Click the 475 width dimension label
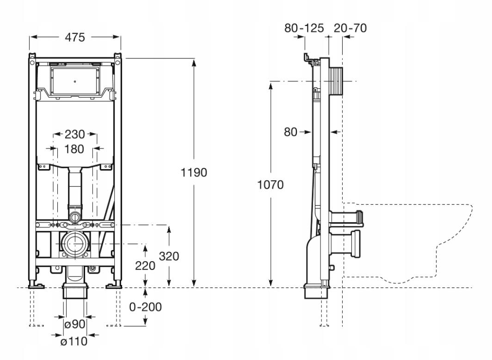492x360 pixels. [75, 37]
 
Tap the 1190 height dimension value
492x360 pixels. [194, 172]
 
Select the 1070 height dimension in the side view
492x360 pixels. [270, 185]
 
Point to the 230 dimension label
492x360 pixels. [75, 134]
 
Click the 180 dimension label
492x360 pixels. [74, 149]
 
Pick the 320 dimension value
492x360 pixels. [169, 256]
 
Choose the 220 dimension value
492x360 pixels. [145, 266]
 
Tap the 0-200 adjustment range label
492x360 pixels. [145, 307]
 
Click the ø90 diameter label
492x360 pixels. [75, 324]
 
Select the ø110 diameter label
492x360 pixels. [74, 341]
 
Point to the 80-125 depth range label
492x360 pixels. [304, 28]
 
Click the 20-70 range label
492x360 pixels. [350, 28]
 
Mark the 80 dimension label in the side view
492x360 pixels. [290, 132]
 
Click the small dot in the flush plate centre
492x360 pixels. [75, 82]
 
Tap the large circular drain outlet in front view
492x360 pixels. [75, 244]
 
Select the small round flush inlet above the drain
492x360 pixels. [75, 216]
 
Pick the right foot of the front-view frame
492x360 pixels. [114, 286]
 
